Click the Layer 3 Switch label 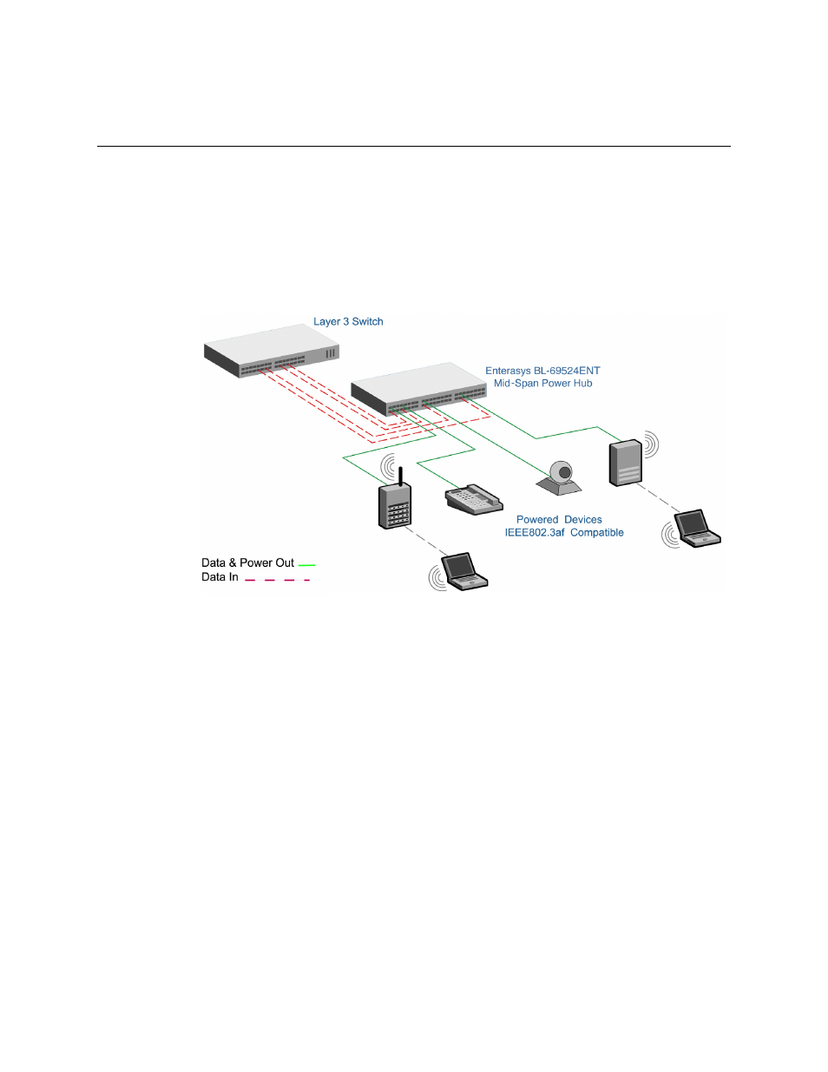pos(348,322)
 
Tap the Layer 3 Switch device pos(272,351)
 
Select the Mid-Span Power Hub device pos(418,389)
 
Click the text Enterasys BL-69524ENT pos(542,371)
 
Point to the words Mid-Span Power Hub pos(543,384)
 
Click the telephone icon pos(474,499)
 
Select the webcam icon pos(560,477)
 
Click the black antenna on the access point pos(400,476)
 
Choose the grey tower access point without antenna pos(626,463)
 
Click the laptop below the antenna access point pos(463,572)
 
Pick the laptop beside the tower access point pos(697,529)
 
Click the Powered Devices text pos(559,519)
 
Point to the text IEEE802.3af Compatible pos(564,533)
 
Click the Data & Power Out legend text pos(247,562)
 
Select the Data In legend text pos(220,577)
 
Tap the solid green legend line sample pos(306,565)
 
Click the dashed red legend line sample pos(278,580)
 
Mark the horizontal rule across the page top pos(414,146)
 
